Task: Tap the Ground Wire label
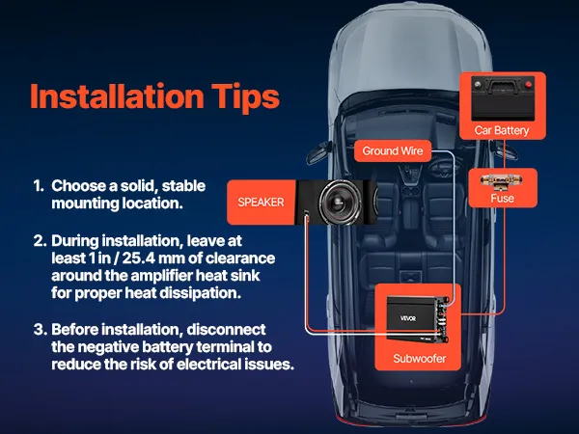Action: [393, 150]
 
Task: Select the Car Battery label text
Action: [502, 130]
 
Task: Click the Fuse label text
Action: [502, 198]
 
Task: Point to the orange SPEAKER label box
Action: [262, 203]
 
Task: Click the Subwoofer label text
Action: [419, 359]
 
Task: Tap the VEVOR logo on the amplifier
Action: [408, 318]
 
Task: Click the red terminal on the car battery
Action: [528, 85]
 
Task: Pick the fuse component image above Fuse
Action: [502, 181]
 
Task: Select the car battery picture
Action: [503, 98]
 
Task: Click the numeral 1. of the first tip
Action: [39, 185]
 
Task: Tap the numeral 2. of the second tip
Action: [40, 240]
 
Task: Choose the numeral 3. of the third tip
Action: [40, 329]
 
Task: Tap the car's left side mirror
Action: [317, 152]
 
